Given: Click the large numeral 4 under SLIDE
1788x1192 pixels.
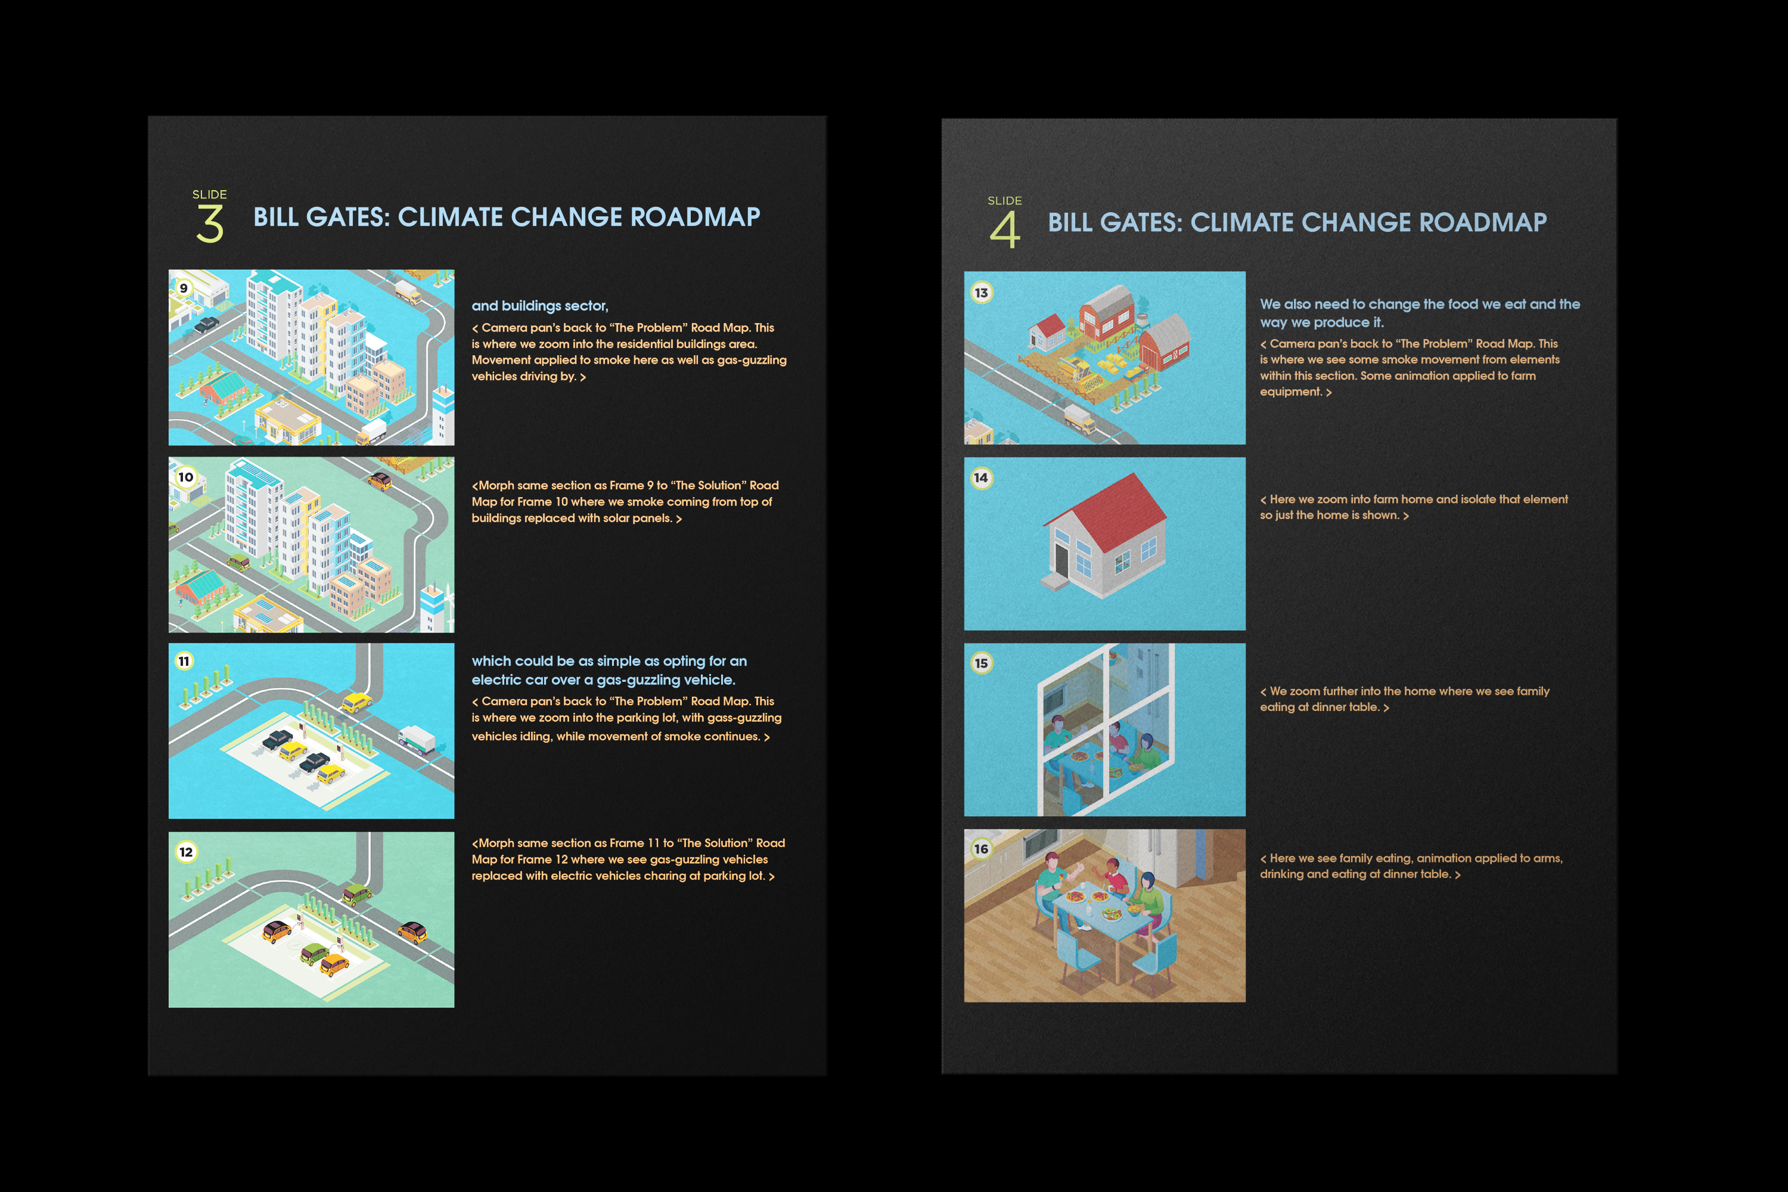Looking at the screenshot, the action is [1004, 229].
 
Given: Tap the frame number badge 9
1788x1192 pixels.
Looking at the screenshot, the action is [183, 288].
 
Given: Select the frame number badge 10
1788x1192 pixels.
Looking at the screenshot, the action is [185, 477].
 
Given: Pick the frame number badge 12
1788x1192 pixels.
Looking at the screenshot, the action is [186, 852].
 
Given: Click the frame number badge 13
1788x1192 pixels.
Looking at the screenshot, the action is [982, 293].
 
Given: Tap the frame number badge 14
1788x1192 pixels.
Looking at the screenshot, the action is [982, 477].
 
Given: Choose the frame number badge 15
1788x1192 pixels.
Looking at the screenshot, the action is [982, 663].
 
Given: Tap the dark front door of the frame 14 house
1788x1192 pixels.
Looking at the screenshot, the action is [1062, 559].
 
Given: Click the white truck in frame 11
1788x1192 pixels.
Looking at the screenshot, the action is [417, 739].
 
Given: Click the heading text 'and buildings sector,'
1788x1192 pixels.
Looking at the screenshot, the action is [540, 306].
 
